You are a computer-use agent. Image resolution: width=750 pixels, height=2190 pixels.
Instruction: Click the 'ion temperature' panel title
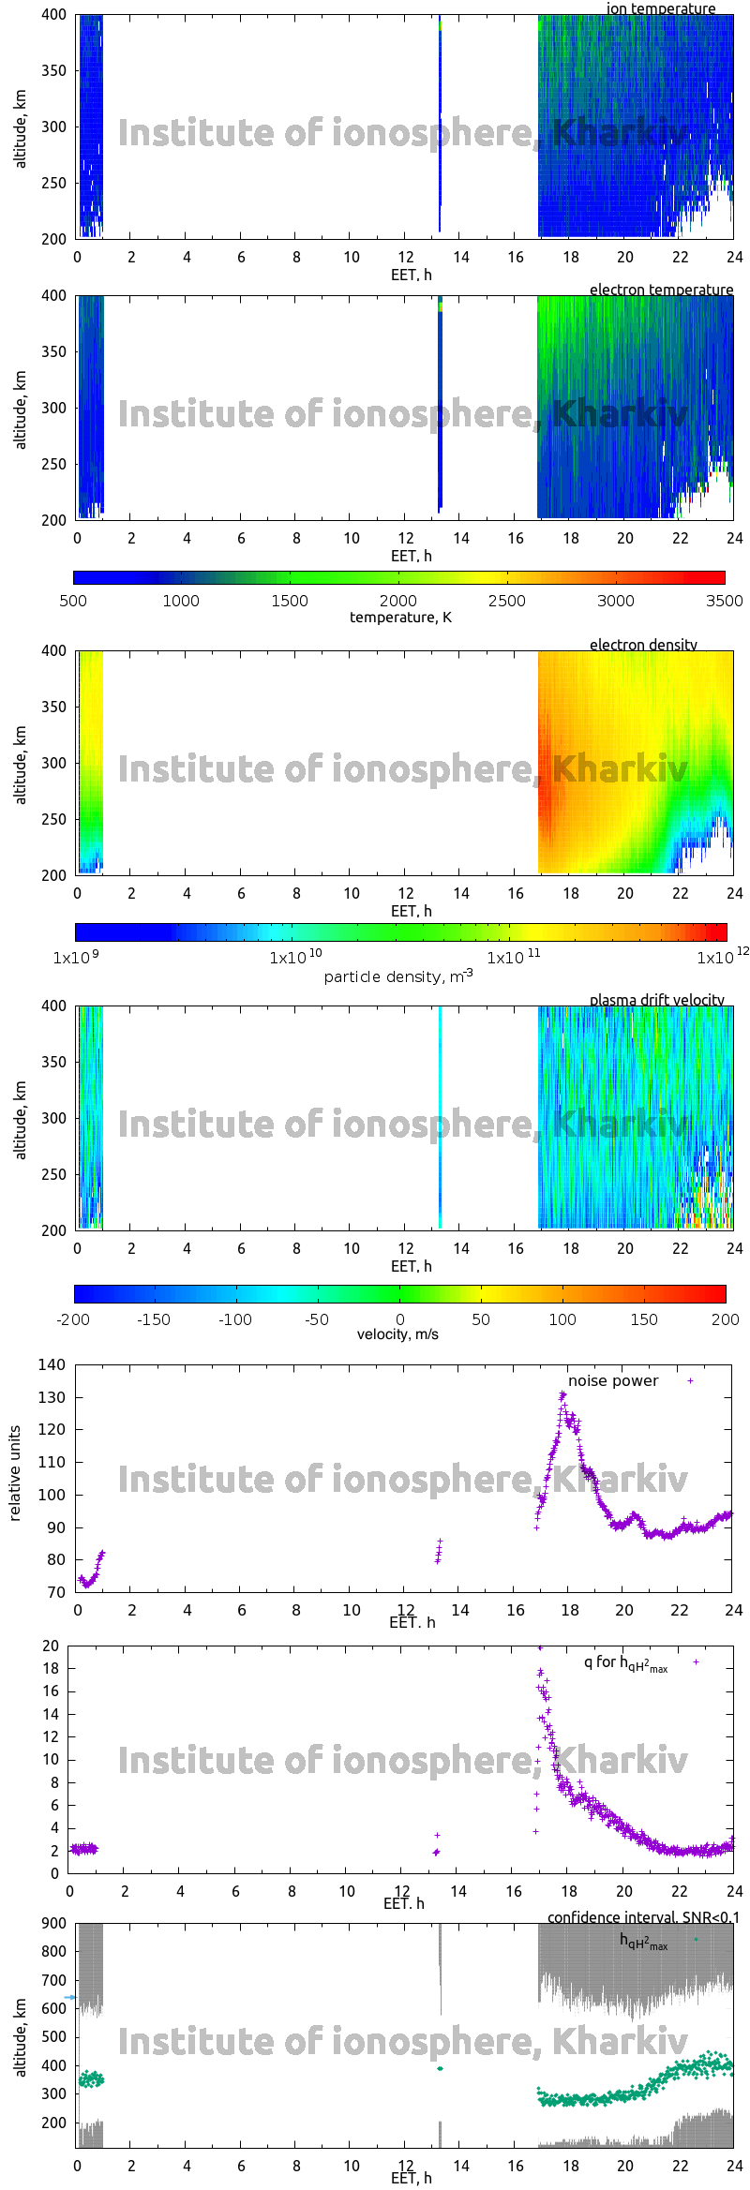click(x=660, y=9)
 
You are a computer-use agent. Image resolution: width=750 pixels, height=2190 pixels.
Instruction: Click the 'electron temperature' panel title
click(x=661, y=290)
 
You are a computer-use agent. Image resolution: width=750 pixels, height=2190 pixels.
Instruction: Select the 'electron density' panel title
click(x=643, y=645)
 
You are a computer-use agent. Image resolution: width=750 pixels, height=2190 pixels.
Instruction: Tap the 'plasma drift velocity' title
click(x=656, y=1000)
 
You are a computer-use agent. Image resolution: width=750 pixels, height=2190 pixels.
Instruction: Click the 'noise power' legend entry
click(x=613, y=1381)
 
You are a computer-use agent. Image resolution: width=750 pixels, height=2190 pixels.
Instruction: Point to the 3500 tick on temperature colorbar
click(x=724, y=601)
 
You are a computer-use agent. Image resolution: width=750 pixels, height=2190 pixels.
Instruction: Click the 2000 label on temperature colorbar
click(x=398, y=601)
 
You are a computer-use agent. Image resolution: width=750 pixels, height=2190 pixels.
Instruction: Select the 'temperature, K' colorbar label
click(x=400, y=618)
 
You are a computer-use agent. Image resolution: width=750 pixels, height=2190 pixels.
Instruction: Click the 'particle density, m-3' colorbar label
click(x=398, y=976)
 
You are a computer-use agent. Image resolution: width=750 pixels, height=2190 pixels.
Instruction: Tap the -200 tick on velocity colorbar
click(x=73, y=1319)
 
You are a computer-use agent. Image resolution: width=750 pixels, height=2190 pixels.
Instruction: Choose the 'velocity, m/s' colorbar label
click(x=397, y=1334)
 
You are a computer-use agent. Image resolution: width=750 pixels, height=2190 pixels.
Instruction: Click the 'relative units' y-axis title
click(x=15, y=1474)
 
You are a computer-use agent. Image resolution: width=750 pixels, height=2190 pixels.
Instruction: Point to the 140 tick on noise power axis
click(x=52, y=1364)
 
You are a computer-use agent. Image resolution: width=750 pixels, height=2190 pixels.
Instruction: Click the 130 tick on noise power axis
click(x=52, y=1397)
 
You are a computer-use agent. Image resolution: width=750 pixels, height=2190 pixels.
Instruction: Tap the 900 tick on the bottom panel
click(x=54, y=1923)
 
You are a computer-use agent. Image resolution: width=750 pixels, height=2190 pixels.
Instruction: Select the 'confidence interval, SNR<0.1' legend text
click(x=642, y=1917)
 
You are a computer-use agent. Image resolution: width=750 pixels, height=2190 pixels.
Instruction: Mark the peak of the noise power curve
click(x=562, y=1394)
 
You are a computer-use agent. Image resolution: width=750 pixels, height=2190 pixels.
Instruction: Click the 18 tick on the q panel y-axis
click(x=51, y=1668)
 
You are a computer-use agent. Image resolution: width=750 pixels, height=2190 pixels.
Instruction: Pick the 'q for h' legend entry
click(x=625, y=1663)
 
